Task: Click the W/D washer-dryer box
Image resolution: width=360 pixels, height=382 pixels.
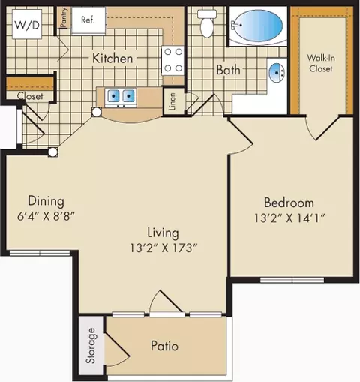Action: pyautogui.click(x=27, y=24)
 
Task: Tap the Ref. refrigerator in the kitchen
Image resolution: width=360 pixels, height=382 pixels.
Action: pyautogui.click(x=88, y=20)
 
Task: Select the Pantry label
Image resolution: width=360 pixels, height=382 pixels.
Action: pyautogui.click(x=64, y=17)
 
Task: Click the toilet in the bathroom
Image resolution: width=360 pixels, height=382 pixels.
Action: pyautogui.click(x=207, y=23)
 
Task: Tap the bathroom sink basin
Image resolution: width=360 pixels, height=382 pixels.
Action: pyautogui.click(x=277, y=73)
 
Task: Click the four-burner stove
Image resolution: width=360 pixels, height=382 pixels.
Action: pyautogui.click(x=173, y=60)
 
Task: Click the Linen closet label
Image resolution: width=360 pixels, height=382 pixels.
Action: pyautogui.click(x=172, y=102)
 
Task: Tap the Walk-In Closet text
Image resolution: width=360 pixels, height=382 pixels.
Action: pyautogui.click(x=321, y=63)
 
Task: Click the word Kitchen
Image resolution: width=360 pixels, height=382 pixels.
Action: pyautogui.click(x=112, y=59)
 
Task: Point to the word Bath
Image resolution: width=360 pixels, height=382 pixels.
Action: pyautogui.click(x=228, y=70)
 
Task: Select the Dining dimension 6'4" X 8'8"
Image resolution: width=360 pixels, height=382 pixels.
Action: pyautogui.click(x=46, y=216)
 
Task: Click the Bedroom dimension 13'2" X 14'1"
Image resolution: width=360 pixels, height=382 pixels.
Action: pyautogui.click(x=289, y=218)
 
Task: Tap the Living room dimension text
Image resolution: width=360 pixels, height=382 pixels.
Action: pyautogui.click(x=163, y=248)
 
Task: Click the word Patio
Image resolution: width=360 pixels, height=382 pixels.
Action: pyautogui.click(x=164, y=346)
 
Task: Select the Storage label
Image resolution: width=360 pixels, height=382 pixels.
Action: pyautogui.click(x=91, y=346)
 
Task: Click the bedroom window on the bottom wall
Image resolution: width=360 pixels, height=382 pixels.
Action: pyautogui.click(x=292, y=280)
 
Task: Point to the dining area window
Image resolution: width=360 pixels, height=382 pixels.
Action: pyautogui.click(x=40, y=253)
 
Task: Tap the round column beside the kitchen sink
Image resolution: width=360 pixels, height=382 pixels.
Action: pyautogui.click(x=97, y=112)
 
